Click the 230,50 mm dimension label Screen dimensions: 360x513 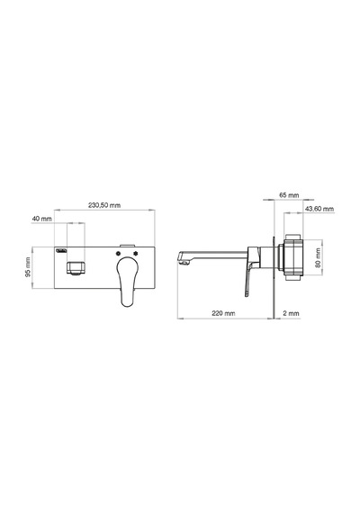104,205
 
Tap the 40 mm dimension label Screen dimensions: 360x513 42,218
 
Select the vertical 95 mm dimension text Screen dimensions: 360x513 28,267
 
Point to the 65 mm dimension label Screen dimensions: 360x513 289,195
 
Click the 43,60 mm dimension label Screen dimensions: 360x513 319,209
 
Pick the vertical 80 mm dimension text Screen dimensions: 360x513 318,257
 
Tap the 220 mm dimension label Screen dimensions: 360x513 223,313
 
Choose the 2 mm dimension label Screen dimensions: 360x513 291,313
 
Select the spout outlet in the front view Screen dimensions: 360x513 76,268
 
